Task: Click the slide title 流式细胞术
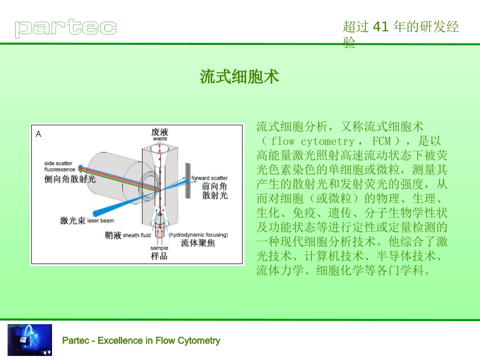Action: [239, 77]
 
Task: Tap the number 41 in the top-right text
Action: [379, 27]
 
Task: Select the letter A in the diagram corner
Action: [38, 134]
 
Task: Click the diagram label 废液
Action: [160, 132]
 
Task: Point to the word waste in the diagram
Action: [160, 138]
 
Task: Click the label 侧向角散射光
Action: [70, 179]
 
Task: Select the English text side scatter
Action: [58, 164]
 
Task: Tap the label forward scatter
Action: [209, 178]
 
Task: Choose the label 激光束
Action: [72, 221]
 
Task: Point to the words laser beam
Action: [101, 221]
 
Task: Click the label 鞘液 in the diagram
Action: [113, 235]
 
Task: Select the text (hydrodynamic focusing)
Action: [198, 235]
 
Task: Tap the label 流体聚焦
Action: [198, 243]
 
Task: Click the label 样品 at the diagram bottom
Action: [159, 256]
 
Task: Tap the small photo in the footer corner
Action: [29, 340]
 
